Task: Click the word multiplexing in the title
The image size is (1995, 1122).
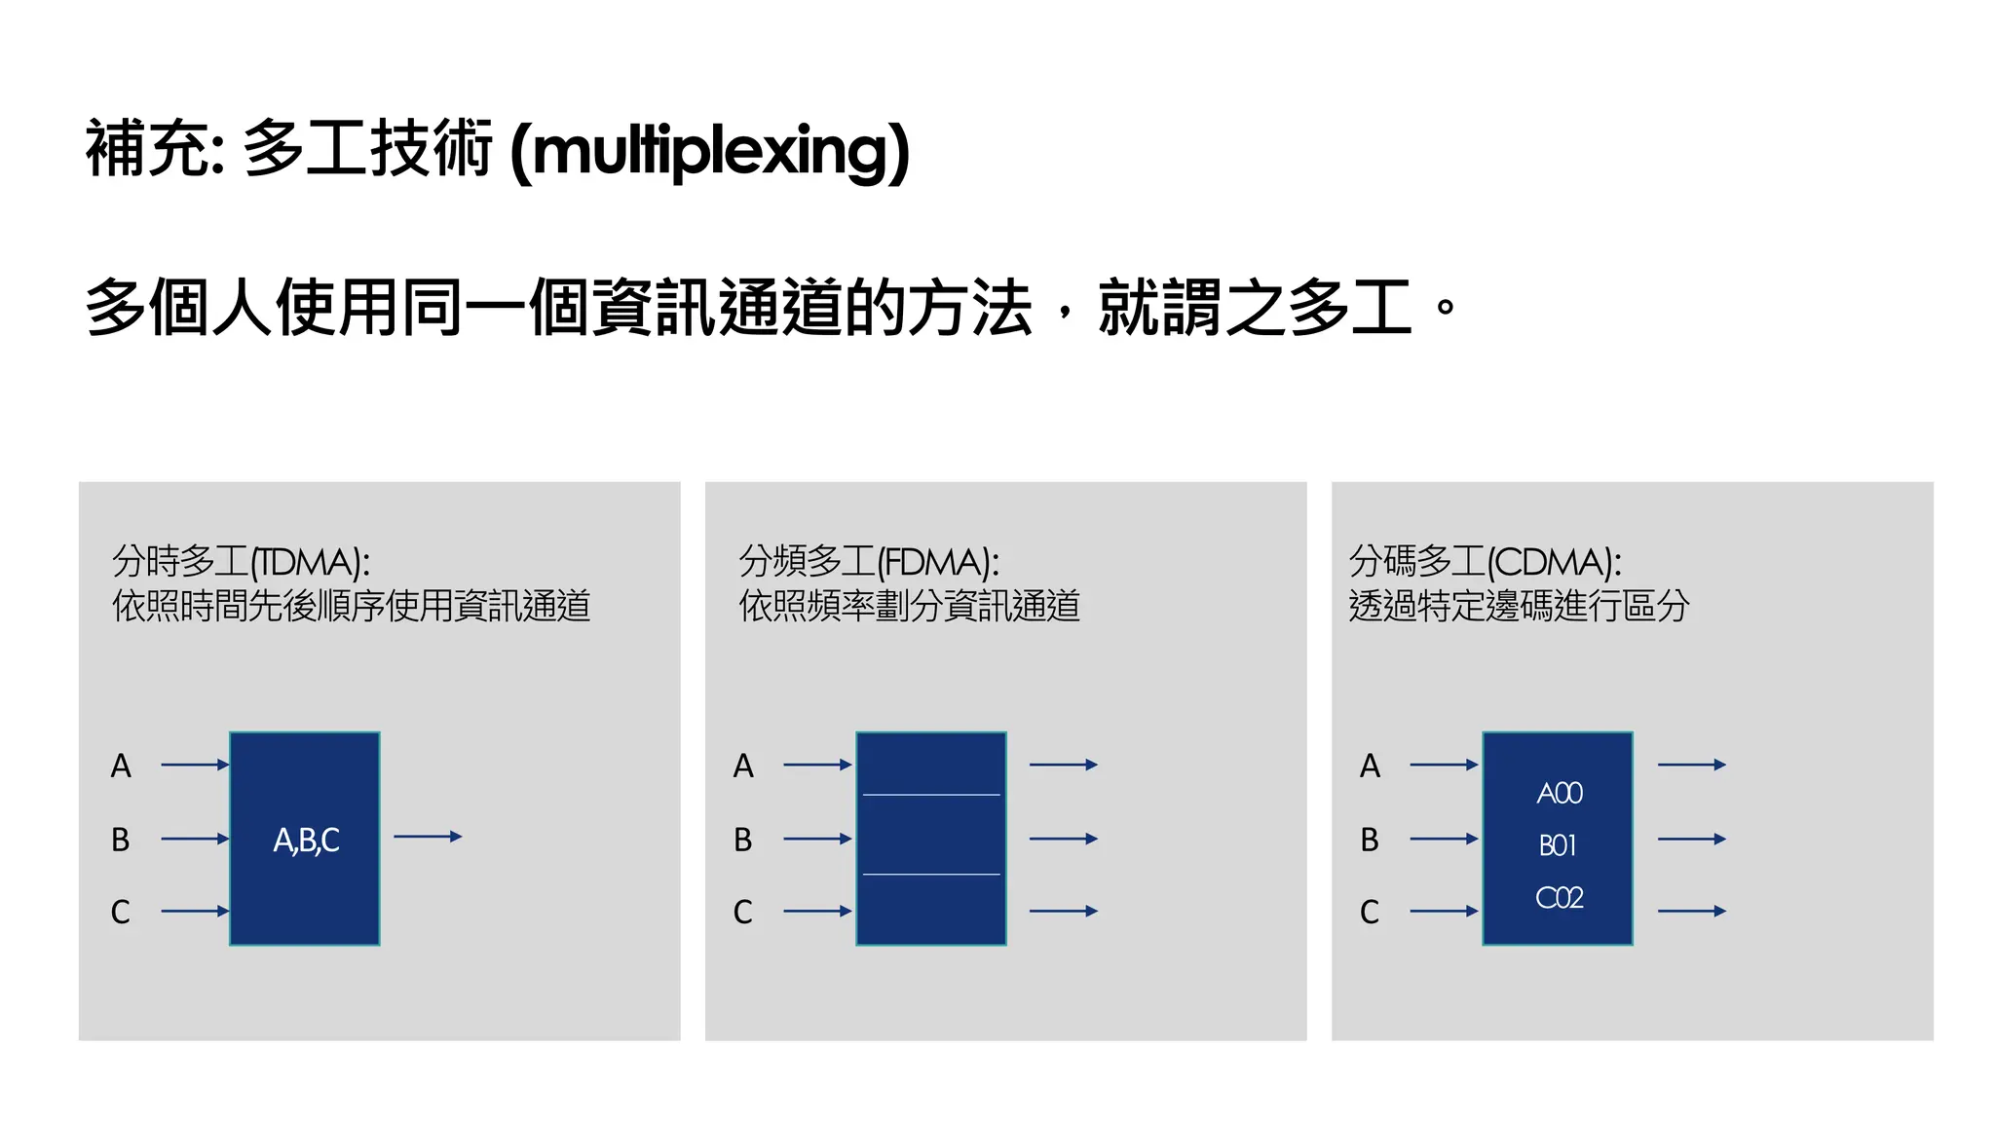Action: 709,151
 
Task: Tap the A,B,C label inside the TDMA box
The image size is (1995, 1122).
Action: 306,840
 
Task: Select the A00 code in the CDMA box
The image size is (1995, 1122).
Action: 1559,793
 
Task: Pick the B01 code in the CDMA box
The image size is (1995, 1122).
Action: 1558,845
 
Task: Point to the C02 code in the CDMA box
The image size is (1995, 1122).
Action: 1559,897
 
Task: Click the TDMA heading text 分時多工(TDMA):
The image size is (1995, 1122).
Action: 241,562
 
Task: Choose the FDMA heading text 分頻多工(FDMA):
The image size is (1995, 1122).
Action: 868,562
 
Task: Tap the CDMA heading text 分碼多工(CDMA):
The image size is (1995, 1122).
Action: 1485,562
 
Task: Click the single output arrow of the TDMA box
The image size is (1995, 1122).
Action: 428,837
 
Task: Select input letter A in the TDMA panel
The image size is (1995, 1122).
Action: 121,766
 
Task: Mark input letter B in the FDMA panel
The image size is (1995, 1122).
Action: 743,840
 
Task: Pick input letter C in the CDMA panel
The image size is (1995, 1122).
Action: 1370,913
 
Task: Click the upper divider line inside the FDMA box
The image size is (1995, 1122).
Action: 931,795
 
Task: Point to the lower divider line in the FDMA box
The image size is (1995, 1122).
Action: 931,875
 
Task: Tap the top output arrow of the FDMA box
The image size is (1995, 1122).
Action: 1063,766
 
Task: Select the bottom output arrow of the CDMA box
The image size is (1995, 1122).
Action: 1691,912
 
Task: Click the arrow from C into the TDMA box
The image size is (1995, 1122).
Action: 195,912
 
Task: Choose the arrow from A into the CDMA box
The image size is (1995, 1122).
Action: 1444,766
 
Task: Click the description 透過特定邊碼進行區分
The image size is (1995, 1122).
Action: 1519,606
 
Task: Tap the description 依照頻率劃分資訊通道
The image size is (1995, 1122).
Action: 909,606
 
